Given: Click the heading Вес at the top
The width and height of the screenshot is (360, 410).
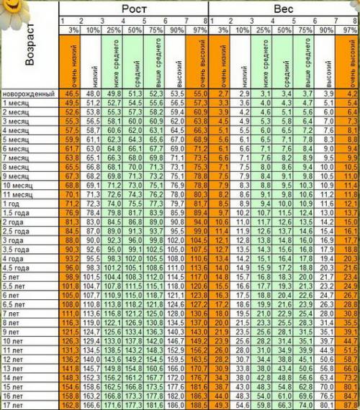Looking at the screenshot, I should (283, 8).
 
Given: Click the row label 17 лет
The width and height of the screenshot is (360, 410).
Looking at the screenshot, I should (15, 405).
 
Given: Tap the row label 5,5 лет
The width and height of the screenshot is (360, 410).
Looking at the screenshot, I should (16, 286).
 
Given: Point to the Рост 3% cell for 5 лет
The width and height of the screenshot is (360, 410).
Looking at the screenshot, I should (71, 276).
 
